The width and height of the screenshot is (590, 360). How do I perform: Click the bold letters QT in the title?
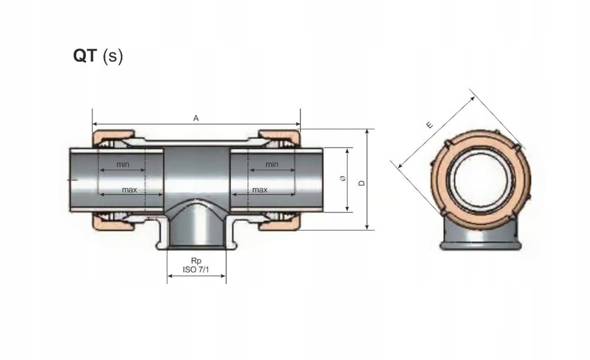click(x=85, y=56)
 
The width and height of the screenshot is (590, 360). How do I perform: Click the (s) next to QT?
click(x=113, y=56)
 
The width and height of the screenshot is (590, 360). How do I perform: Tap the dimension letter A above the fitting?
click(x=195, y=118)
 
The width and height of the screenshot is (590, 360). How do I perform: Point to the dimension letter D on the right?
click(x=362, y=182)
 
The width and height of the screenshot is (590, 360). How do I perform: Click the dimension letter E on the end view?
click(x=429, y=125)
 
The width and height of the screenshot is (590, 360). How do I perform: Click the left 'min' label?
click(x=123, y=164)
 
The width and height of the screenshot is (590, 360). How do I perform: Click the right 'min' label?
click(x=272, y=164)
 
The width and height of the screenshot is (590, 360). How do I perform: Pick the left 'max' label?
click(x=130, y=190)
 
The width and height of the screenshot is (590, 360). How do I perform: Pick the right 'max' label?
click(x=260, y=190)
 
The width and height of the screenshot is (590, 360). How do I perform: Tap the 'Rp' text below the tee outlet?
click(x=195, y=260)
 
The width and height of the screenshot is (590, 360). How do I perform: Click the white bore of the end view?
click(x=480, y=180)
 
